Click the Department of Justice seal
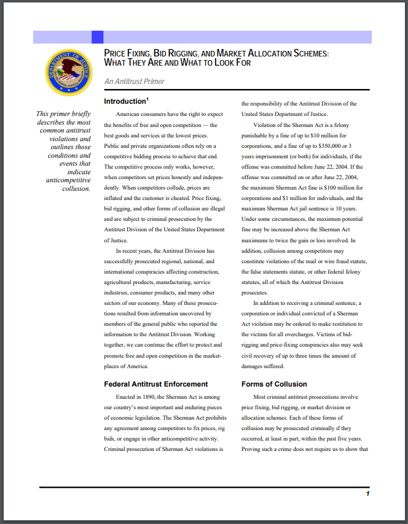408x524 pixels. (68, 72)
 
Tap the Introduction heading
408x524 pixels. (124, 101)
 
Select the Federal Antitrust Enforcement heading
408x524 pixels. (156, 384)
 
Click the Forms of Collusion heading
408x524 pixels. (274, 384)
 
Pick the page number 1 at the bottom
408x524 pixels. (367, 493)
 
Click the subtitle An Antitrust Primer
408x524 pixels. (134, 82)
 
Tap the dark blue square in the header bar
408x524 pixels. (97, 37)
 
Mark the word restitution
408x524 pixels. (343, 324)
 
